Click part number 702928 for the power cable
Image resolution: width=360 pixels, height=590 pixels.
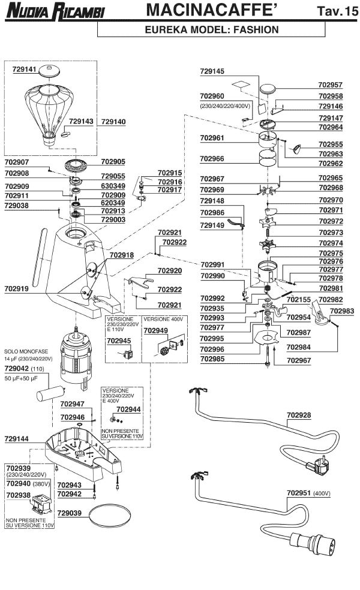pyautogui.click(x=299, y=415)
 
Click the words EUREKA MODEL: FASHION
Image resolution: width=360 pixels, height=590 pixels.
pyautogui.click(x=211, y=29)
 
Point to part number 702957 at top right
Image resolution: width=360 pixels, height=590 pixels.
pyautogui.click(x=331, y=85)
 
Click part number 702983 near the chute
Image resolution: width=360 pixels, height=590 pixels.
pyautogui.click(x=342, y=311)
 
